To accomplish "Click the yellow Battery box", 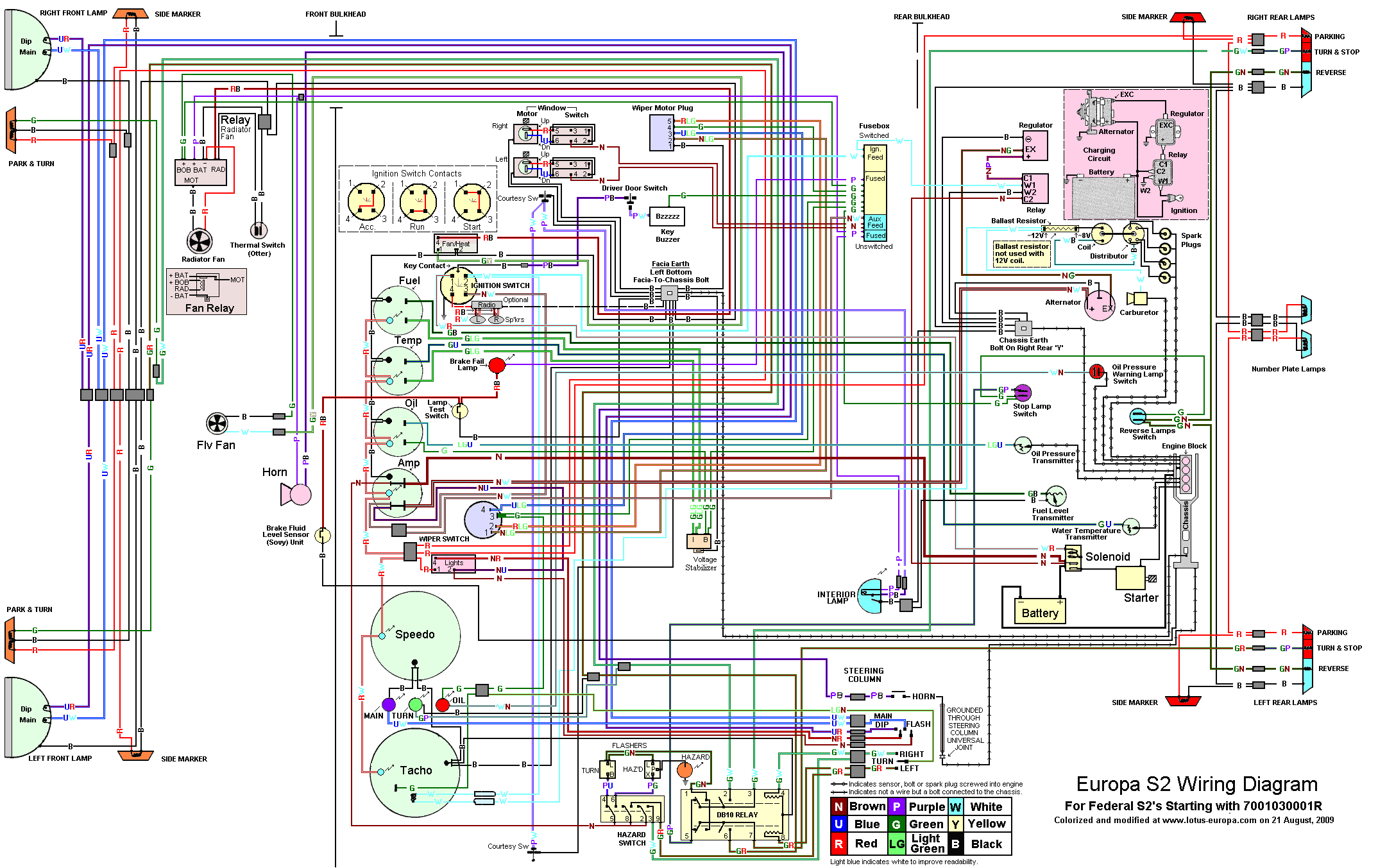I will pos(1039,611).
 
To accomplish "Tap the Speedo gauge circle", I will pos(415,635).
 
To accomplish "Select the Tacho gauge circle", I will pos(414,772).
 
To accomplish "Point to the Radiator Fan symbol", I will pos(200,241).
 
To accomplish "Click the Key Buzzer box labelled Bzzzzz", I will pos(667,216).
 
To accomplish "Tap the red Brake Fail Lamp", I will pos(497,365).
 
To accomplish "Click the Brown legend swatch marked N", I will pos(838,806).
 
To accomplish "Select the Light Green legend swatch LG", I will pos(896,844).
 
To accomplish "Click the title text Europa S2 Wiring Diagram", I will pos(1196,784).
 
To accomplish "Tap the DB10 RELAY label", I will pos(737,815).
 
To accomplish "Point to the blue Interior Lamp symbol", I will pos(871,596).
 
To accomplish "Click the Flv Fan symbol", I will pos(217,423).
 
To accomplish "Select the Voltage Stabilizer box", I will pos(699,541).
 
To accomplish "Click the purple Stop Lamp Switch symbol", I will pos(1023,392).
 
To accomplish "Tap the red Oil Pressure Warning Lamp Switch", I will pos(1096,371).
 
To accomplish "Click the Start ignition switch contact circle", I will pos(472,201).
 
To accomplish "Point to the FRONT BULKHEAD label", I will pos(336,14).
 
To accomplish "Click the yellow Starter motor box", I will pos(1130,577).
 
